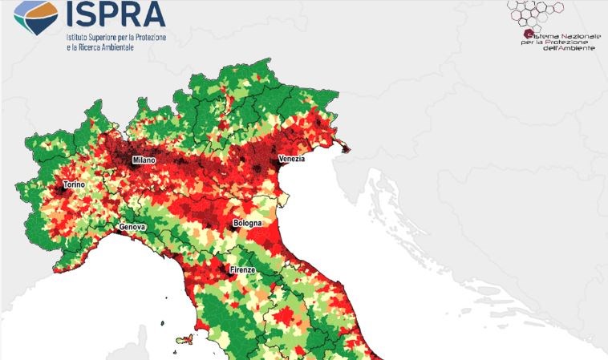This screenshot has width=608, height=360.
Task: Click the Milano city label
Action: (144, 160)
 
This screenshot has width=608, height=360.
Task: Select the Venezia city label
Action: (291, 160)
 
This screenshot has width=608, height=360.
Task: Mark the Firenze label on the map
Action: (242, 270)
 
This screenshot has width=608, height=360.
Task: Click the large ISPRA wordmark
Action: (117, 13)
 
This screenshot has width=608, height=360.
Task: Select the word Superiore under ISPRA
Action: (114, 36)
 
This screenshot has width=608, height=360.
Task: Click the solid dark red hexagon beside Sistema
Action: (529, 33)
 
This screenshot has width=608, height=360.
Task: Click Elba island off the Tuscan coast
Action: (181, 338)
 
